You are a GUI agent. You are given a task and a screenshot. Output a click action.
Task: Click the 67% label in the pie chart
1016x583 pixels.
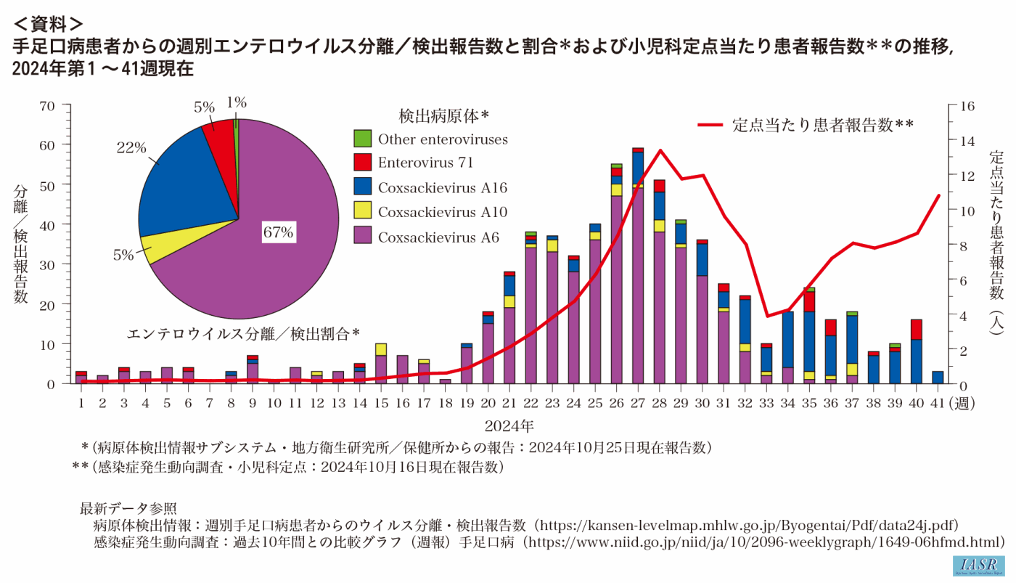coord(278,233)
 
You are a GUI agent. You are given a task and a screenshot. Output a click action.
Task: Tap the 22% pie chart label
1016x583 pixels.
coord(131,147)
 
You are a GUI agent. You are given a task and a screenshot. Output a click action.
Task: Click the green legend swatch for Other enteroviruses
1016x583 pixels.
coord(362,139)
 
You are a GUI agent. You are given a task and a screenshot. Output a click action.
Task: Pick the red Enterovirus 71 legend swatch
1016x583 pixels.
coord(362,163)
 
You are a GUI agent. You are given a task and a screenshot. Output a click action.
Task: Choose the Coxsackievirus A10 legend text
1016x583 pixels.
coord(442,213)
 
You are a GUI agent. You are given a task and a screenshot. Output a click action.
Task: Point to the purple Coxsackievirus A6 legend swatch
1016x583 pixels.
coord(362,237)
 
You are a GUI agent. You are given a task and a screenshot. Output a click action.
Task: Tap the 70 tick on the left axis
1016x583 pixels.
coord(47,106)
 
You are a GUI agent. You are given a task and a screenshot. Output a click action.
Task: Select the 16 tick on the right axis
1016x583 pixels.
coord(967,106)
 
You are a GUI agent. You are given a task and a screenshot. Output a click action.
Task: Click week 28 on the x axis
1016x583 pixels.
coord(659,401)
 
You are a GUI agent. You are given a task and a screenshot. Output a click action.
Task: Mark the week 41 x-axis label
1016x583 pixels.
coord(937,401)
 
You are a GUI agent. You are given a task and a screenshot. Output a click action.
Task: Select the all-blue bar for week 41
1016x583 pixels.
coord(938,377)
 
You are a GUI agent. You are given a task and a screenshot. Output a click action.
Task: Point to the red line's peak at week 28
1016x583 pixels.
coord(660,150)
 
